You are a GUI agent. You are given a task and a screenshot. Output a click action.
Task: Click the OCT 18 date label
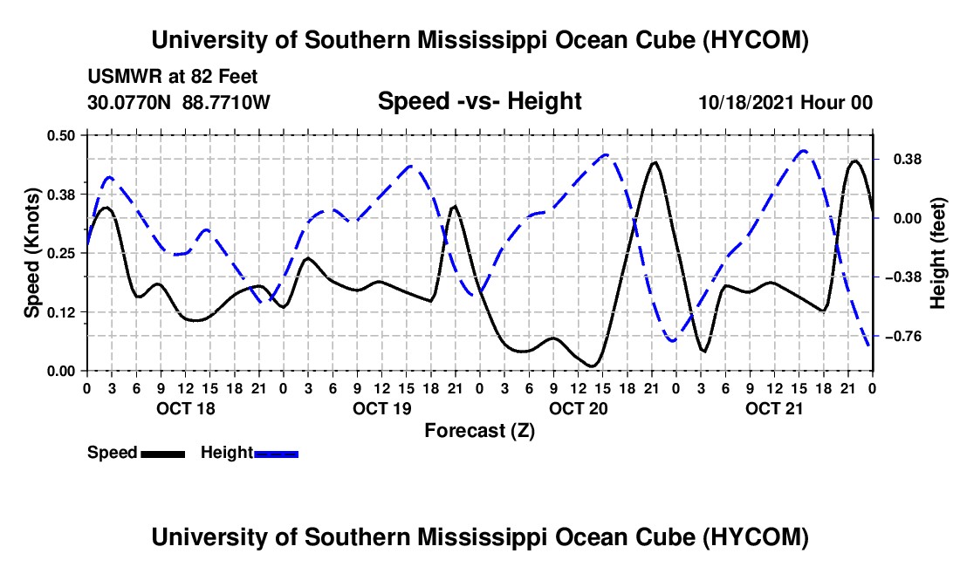tap(186, 408)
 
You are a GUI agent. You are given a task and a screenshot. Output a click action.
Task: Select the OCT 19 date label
tap(382, 408)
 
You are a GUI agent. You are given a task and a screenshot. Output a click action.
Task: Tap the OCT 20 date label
tap(578, 408)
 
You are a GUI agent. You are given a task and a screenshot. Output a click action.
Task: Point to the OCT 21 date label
tap(774, 408)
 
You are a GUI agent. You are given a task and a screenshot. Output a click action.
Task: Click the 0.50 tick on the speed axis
tap(60, 135)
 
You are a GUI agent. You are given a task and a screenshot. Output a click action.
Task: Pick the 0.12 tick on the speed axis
tap(60, 312)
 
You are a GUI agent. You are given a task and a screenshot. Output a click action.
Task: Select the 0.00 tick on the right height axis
tap(908, 218)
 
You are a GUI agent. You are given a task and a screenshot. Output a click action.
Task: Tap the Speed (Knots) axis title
tap(31, 253)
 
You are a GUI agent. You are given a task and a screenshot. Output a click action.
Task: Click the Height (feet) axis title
tap(938, 253)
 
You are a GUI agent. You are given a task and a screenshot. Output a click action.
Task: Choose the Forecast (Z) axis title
tap(480, 431)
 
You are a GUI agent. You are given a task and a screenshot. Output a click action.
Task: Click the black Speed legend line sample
tap(163, 454)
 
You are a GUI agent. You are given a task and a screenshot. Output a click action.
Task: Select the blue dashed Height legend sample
tap(276, 454)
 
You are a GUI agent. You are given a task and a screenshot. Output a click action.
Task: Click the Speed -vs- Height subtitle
tap(479, 101)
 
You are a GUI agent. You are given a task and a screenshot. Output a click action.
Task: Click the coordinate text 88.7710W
tap(226, 103)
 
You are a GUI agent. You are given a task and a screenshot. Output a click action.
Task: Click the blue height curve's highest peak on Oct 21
tap(803, 150)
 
